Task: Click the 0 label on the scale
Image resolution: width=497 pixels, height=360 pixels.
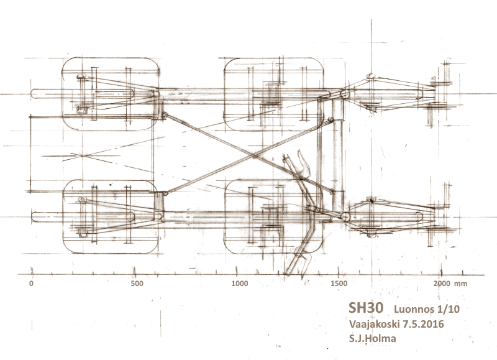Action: (31, 284)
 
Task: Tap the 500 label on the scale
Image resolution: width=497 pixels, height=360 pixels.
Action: (137, 284)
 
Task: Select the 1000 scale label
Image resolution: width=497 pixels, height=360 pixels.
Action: (240, 284)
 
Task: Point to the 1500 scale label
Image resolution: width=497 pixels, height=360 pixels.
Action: (339, 284)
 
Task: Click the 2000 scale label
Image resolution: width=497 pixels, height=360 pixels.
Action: (442, 284)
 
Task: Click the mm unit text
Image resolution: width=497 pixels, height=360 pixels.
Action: (460, 284)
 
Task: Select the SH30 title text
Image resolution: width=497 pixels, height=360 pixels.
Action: (366, 308)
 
